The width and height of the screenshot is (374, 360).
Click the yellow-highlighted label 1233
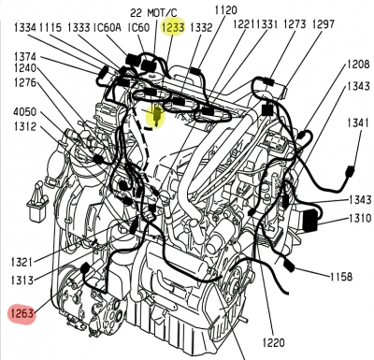click(x=173, y=27)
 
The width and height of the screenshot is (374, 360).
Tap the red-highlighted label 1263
click(x=22, y=313)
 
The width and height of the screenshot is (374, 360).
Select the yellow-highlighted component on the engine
click(x=156, y=115)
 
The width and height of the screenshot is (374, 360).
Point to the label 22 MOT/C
click(x=153, y=13)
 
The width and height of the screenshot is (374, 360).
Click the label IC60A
click(x=107, y=27)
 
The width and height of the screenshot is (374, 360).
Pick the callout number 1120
click(x=225, y=10)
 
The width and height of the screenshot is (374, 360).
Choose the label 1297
click(x=324, y=23)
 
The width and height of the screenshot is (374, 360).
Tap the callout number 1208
click(x=359, y=65)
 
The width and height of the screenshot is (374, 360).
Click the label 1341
click(x=358, y=123)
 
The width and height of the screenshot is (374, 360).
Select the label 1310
click(x=360, y=218)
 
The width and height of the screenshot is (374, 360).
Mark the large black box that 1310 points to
click(x=310, y=221)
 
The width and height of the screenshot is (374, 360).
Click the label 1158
click(x=341, y=276)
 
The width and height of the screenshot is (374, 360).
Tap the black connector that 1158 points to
click(x=289, y=266)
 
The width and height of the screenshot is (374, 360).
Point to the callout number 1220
click(x=273, y=343)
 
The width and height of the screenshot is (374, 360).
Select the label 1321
click(x=22, y=261)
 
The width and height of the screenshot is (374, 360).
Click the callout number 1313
click(x=22, y=281)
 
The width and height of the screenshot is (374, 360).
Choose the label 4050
click(x=24, y=111)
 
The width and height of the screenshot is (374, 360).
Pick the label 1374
click(x=25, y=57)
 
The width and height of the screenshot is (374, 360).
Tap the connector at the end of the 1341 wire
click(x=350, y=172)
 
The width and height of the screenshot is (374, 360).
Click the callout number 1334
click(x=25, y=27)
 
